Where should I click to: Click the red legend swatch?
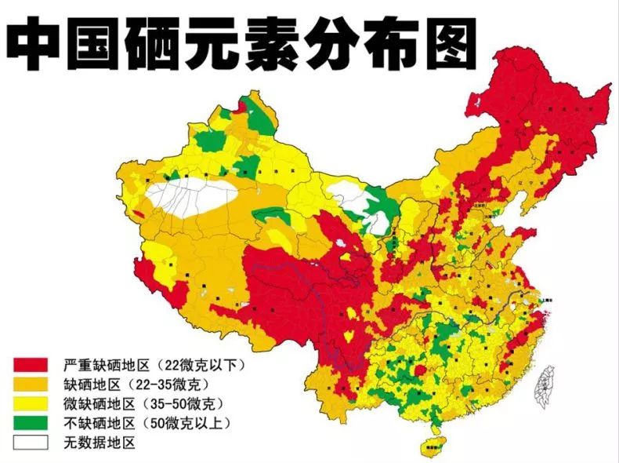[x=29, y=366]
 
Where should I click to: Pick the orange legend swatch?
[x=29, y=385]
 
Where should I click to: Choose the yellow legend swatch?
[x=29, y=404]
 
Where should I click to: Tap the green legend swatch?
[x=29, y=423]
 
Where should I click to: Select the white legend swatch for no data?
[x=29, y=442]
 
